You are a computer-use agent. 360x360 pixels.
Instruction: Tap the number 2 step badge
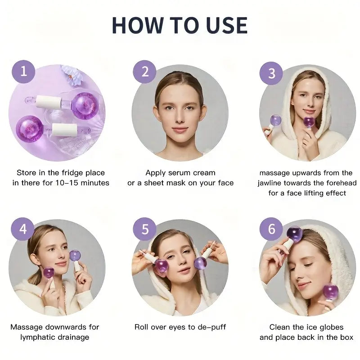tap(145, 72)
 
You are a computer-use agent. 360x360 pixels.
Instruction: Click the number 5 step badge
tap(145, 229)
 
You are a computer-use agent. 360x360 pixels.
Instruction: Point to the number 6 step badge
tap(271, 229)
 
